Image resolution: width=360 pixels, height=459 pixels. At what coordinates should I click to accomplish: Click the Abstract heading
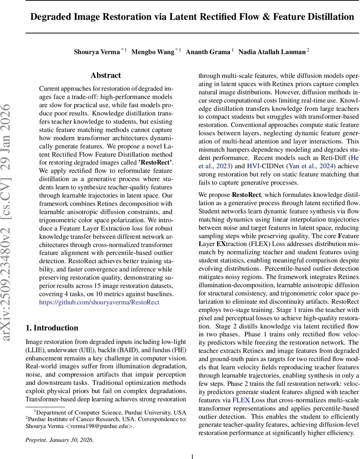(x=106, y=75)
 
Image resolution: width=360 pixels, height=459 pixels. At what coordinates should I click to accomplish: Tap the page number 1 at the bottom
(x=192, y=456)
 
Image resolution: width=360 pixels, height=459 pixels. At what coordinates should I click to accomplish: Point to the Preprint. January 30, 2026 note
(x=59, y=440)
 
